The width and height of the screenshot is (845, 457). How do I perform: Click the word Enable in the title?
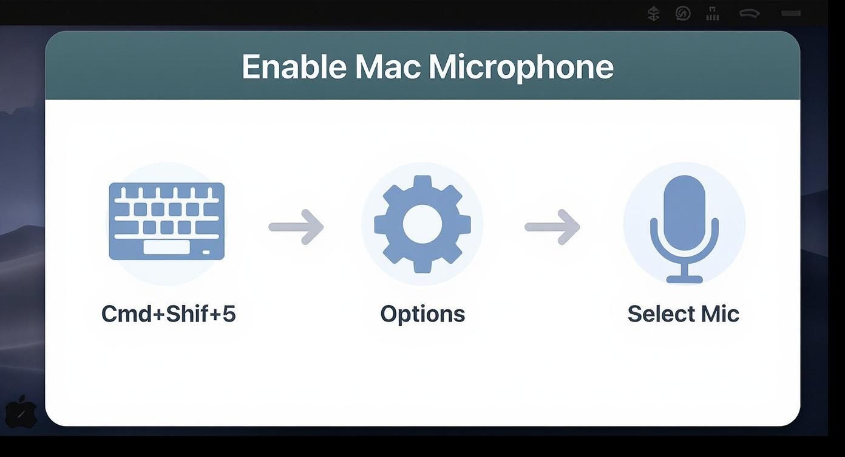[294, 66]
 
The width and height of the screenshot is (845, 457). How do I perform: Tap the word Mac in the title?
[387, 66]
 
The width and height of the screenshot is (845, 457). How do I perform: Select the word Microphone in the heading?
[521, 66]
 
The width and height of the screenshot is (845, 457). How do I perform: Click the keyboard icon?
[167, 221]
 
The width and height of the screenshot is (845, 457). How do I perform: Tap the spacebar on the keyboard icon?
[166, 247]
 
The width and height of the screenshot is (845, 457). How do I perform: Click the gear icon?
[422, 224]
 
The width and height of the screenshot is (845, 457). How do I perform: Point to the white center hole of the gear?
[422, 224]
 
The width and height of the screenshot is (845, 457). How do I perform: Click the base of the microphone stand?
[684, 279]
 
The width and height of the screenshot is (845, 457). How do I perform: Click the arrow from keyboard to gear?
[296, 227]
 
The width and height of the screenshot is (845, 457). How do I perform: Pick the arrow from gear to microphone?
[552, 227]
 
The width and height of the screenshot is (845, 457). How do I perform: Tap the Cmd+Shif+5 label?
[168, 314]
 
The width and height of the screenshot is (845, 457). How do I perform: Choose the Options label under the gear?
[422, 314]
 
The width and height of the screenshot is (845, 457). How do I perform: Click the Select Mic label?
[683, 314]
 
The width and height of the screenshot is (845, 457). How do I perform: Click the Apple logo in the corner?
[21, 412]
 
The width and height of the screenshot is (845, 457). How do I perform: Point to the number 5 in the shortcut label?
[229, 314]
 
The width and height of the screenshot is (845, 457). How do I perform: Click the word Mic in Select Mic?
[720, 314]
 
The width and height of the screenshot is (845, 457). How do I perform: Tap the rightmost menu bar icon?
[791, 13]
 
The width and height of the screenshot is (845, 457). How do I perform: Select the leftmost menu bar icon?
[653, 13]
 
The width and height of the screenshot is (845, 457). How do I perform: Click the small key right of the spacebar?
[206, 252]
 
